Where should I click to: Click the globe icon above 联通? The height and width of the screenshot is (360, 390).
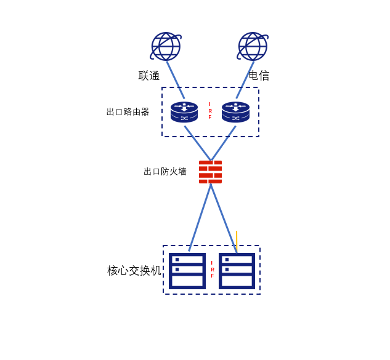(166, 47)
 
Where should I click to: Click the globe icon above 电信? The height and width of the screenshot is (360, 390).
(253, 47)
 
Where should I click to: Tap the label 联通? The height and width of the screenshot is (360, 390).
(149, 76)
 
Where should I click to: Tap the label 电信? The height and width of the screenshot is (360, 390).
(259, 76)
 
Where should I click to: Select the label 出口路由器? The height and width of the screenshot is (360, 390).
(128, 112)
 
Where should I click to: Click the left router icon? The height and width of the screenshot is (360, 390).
(184, 112)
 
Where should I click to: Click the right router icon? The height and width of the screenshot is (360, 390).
(235, 112)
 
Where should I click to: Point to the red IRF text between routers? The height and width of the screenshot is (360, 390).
(209, 111)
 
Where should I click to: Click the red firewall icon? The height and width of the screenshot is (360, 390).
(210, 172)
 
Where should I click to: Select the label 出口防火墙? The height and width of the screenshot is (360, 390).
(165, 172)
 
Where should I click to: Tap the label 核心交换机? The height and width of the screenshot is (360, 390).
(134, 271)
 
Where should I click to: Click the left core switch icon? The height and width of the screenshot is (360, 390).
(187, 271)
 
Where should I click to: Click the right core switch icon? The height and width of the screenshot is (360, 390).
(237, 271)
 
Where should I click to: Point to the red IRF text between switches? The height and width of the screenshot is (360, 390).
(213, 270)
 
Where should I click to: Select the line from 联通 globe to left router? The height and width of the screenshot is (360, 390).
(176, 80)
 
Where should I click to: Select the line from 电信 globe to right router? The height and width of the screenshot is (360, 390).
(245, 80)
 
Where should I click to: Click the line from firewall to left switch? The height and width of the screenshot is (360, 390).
(200, 217)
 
